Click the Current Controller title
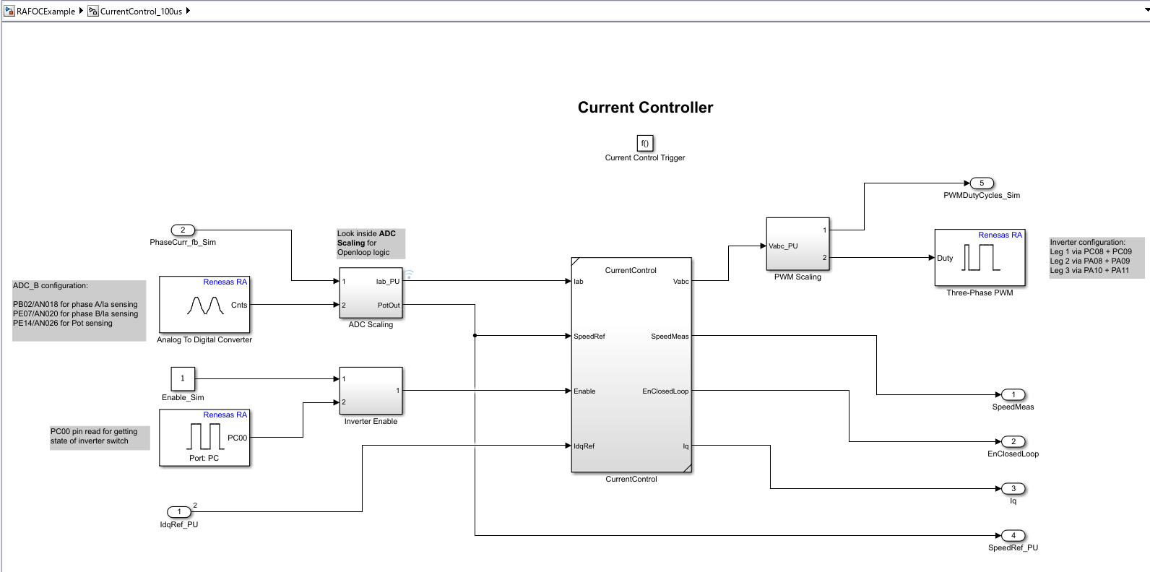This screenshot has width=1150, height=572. click(x=645, y=108)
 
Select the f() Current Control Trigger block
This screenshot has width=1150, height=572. click(x=645, y=143)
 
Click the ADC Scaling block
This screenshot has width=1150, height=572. click(x=371, y=293)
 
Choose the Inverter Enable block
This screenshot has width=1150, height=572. click(x=371, y=391)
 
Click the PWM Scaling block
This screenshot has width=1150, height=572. click(x=797, y=244)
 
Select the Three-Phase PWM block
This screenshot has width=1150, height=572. click(x=980, y=258)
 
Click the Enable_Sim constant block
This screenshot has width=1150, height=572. click(x=183, y=378)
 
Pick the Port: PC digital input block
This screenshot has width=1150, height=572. click(x=204, y=438)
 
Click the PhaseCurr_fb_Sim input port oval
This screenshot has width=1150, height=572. click(x=183, y=230)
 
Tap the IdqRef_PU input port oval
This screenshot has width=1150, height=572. click(x=179, y=512)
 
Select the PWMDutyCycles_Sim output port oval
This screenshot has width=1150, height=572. click(x=982, y=183)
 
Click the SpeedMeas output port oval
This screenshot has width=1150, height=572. click(x=1013, y=395)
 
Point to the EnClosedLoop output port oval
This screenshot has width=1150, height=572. click(x=1013, y=442)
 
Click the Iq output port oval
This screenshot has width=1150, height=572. click(x=1013, y=489)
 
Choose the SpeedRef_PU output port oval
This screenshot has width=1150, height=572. click(x=1013, y=536)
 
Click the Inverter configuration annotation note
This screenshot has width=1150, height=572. click(x=1097, y=257)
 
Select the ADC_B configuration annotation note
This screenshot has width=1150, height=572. click(x=79, y=311)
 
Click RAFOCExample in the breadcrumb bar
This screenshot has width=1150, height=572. click(x=46, y=12)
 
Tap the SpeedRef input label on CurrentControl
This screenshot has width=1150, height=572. click(x=589, y=337)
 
